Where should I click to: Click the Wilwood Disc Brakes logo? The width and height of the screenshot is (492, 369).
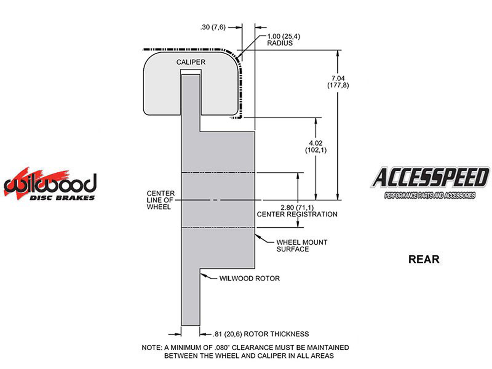click(50, 184)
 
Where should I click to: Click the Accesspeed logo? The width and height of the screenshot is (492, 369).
click(430, 182)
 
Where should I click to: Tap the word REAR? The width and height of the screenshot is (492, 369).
click(423, 259)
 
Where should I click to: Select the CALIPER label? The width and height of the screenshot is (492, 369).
click(191, 62)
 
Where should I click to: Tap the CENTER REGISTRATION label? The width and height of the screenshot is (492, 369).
click(297, 214)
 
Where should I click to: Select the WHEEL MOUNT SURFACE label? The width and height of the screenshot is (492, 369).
click(301, 246)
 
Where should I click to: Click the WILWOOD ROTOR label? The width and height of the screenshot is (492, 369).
click(249, 279)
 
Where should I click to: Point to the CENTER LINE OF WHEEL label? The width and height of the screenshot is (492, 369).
click(161, 200)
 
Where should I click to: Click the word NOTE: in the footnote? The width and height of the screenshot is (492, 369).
click(152, 348)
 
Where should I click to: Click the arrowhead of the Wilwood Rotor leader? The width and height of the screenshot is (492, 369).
click(202, 275)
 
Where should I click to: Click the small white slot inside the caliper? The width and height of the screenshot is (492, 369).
click(191, 72)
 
